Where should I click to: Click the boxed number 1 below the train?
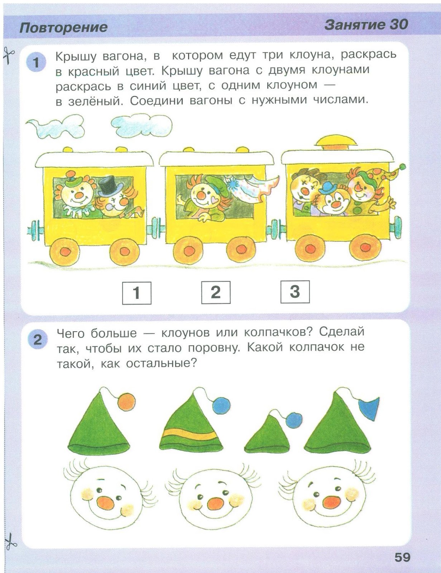coord(136,293)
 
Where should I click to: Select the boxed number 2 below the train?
coord(216,292)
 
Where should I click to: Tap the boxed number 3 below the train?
coord(295,292)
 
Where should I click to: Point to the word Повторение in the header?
coord(63,28)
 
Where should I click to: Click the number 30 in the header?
coord(398,25)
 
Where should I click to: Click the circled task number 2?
coord(38,340)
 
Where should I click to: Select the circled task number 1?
coord(36,63)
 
